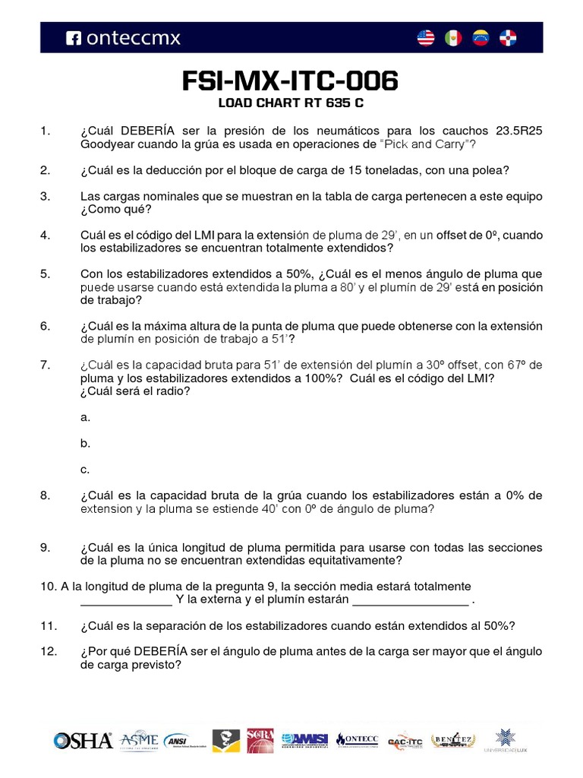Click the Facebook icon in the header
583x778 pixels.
pos(74,37)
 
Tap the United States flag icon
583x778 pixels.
pos(426,37)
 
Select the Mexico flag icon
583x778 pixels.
pos(453,37)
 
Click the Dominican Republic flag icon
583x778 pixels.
pos(508,37)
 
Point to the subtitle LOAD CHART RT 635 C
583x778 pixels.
pos(291,103)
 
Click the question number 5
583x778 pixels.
pos(46,274)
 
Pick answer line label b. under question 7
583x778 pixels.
pos(85,443)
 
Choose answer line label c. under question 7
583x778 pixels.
pos(85,469)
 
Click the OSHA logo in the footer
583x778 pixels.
pos(83,741)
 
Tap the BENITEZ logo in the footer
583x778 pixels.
pos(453,741)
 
